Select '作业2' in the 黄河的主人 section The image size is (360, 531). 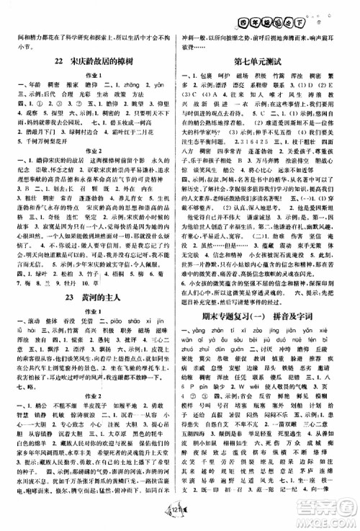pos(91,413)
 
